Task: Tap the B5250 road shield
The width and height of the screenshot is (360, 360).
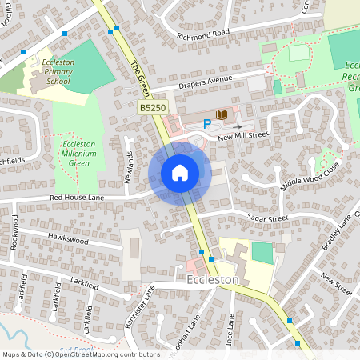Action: (x=154, y=107)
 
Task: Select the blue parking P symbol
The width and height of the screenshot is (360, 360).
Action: (x=207, y=123)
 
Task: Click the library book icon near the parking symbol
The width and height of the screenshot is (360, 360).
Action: (x=222, y=115)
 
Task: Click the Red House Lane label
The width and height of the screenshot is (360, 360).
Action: (x=78, y=197)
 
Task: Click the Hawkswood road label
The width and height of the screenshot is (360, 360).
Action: (x=66, y=238)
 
